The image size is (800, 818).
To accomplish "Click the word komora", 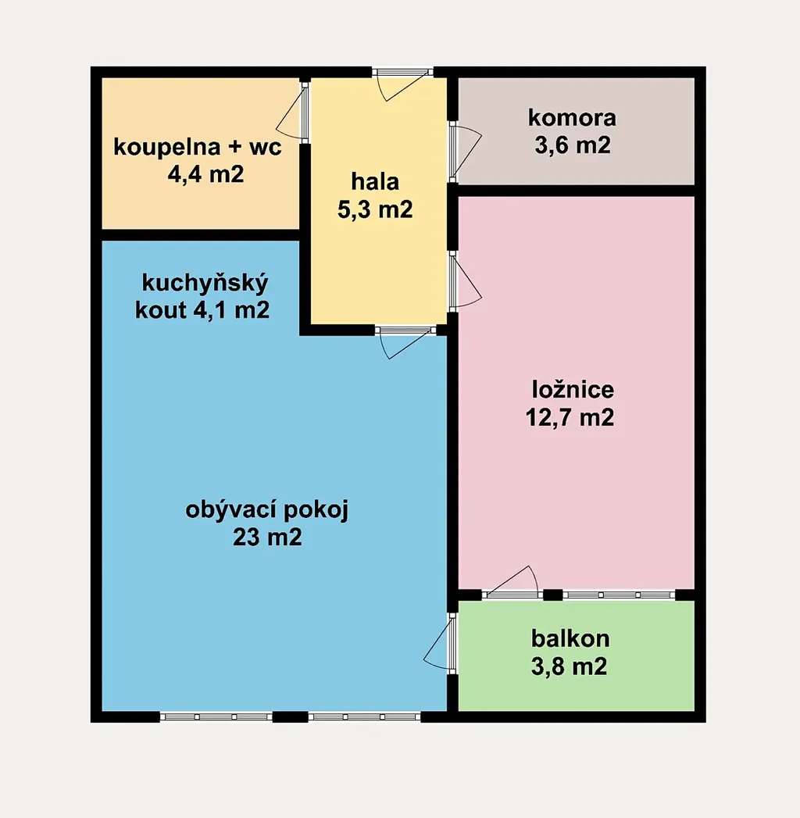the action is pyautogui.click(x=572, y=118).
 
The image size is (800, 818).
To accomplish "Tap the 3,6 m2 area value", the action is pyautogui.click(x=572, y=145).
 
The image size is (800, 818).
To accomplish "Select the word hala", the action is pyautogui.click(x=375, y=181).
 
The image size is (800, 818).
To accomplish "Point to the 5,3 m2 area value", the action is pyautogui.click(x=375, y=209).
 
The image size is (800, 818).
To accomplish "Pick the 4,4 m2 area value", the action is pyautogui.click(x=205, y=174).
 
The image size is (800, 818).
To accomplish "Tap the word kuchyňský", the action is pyautogui.click(x=205, y=284).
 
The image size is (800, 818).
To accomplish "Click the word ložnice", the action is pyautogui.click(x=573, y=390).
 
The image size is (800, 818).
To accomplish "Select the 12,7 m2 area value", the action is pyautogui.click(x=570, y=417).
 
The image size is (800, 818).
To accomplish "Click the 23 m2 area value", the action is pyautogui.click(x=267, y=537).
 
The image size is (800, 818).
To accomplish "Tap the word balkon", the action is pyautogui.click(x=570, y=638).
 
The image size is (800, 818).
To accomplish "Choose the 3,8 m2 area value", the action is pyautogui.click(x=569, y=666).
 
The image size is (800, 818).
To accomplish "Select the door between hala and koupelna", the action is pyautogui.click(x=292, y=112).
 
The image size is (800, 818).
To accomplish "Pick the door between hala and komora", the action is pyautogui.click(x=465, y=152).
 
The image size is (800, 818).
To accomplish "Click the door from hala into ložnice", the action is pyautogui.click(x=465, y=282).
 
